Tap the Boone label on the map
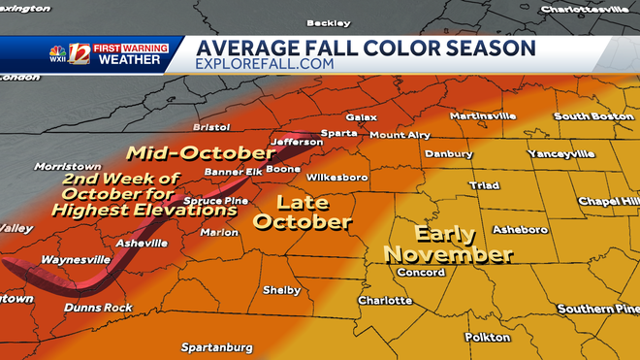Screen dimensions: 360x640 pos(283,169)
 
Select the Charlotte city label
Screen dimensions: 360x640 pos(384,301)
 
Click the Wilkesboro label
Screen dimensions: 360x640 pos(336,178)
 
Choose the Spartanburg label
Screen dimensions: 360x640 pos(217,347)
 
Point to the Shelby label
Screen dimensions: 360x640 pos(282,290)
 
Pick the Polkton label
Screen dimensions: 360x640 pos(487,338)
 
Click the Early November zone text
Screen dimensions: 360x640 pos(448,245)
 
